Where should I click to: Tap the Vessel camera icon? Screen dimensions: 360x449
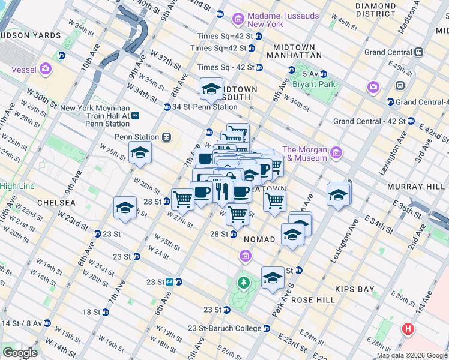click(x=46, y=70)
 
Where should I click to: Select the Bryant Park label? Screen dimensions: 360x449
click(x=313, y=84)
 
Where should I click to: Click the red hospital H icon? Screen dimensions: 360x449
click(x=409, y=329)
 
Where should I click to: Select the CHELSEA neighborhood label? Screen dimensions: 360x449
click(x=56, y=203)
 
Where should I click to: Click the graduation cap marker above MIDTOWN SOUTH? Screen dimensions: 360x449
click(x=211, y=89)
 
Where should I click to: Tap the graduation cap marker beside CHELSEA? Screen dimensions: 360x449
click(x=125, y=208)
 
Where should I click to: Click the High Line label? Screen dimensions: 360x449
click(x=17, y=187)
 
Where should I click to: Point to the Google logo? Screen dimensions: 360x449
click(x=19, y=352)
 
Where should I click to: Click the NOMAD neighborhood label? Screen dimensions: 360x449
click(x=259, y=239)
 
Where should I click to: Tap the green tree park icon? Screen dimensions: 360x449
click(x=243, y=282)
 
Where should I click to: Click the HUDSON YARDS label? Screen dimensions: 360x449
click(x=30, y=35)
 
